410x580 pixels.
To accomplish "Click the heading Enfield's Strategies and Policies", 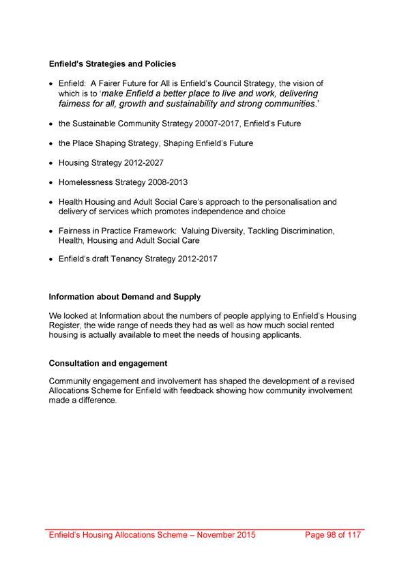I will [x=113, y=64].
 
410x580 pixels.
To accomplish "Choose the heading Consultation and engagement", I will [x=108, y=362].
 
